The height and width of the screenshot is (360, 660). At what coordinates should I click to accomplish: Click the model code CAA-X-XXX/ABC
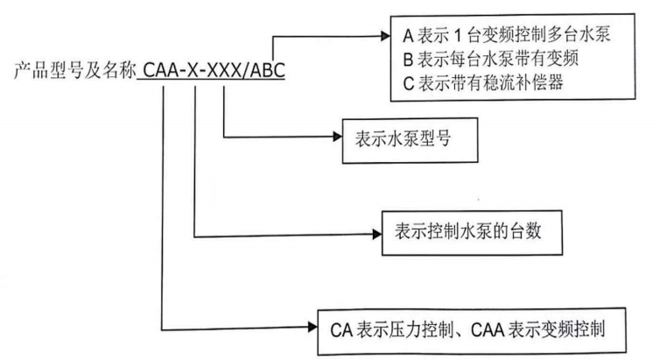[211, 70]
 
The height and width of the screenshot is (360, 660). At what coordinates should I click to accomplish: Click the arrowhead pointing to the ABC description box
[383, 38]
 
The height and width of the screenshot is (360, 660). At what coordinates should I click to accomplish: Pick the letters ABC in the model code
[265, 70]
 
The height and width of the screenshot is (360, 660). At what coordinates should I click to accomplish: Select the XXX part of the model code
[222, 70]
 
